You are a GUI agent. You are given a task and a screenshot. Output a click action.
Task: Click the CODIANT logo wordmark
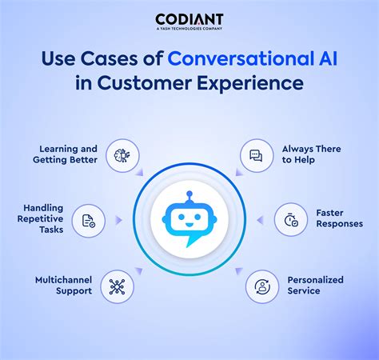coord(189,19)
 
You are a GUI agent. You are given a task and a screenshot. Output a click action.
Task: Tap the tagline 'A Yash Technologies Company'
coord(189,29)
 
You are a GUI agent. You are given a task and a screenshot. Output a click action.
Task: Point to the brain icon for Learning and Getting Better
coord(122,155)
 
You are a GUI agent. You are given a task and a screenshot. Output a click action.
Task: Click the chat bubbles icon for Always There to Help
coord(256,155)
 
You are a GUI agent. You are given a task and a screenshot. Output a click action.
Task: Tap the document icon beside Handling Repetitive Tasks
coord(89,221)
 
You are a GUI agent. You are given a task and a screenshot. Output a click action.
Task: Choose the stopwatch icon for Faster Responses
coord(291,220)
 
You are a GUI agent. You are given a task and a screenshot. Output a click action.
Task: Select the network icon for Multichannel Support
coord(117,287)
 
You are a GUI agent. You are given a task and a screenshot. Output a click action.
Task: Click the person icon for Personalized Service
coord(262,286)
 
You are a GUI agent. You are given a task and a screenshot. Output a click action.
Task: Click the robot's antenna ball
coord(189,194)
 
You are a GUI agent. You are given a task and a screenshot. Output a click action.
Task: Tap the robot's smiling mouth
coord(189,225)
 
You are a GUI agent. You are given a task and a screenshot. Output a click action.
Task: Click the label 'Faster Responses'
coord(339,218)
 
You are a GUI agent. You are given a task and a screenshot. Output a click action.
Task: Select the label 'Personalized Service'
coord(315,285)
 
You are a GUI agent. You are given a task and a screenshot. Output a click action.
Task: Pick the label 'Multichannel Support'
coord(63,285)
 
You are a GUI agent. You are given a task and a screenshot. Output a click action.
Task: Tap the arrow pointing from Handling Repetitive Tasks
coord(118,220)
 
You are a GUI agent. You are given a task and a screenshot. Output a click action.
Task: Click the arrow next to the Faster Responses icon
coord(260,220)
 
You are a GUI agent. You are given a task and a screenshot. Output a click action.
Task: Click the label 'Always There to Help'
coord(311,154)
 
